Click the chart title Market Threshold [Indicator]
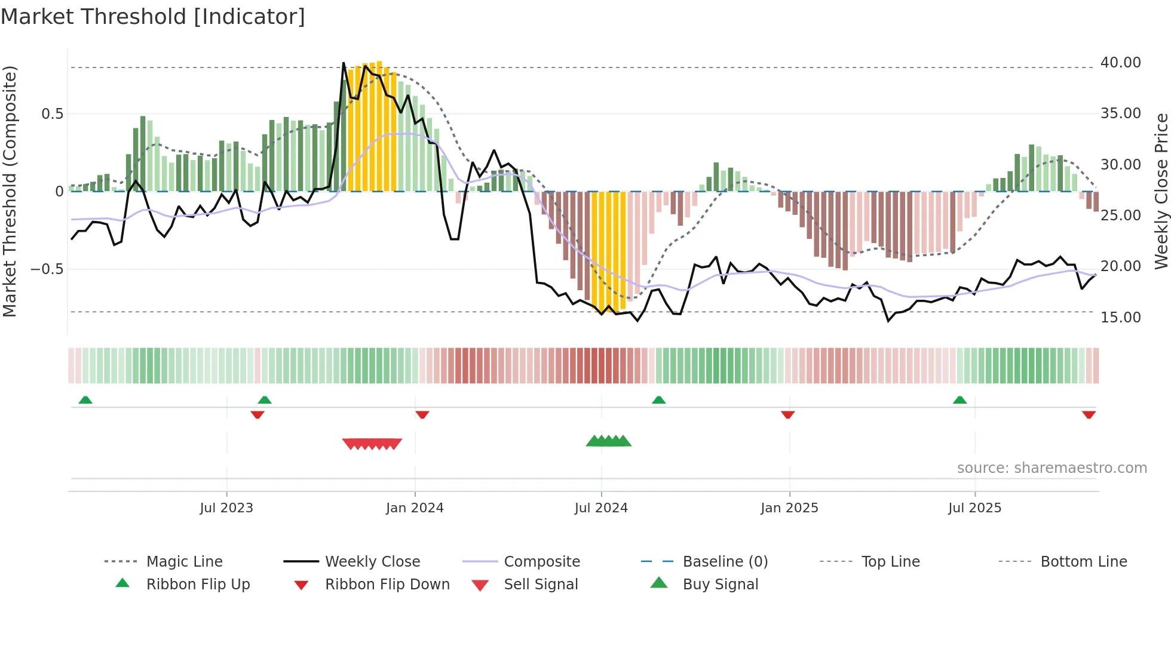tap(153, 16)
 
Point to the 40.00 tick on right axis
tap(1120, 63)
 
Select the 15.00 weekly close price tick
tap(1120, 318)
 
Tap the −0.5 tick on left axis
tap(47, 269)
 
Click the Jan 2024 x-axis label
tap(415, 508)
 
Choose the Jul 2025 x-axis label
tap(974, 508)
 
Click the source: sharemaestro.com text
tap(1052, 468)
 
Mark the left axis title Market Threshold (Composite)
tap(10, 191)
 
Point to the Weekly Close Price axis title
tap(1161, 191)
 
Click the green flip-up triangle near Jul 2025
tap(960, 400)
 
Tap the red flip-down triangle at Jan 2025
tap(787, 414)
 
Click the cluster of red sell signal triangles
tap(372, 444)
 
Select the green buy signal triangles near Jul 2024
tap(608, 441)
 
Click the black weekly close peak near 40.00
tap(344, 63)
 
